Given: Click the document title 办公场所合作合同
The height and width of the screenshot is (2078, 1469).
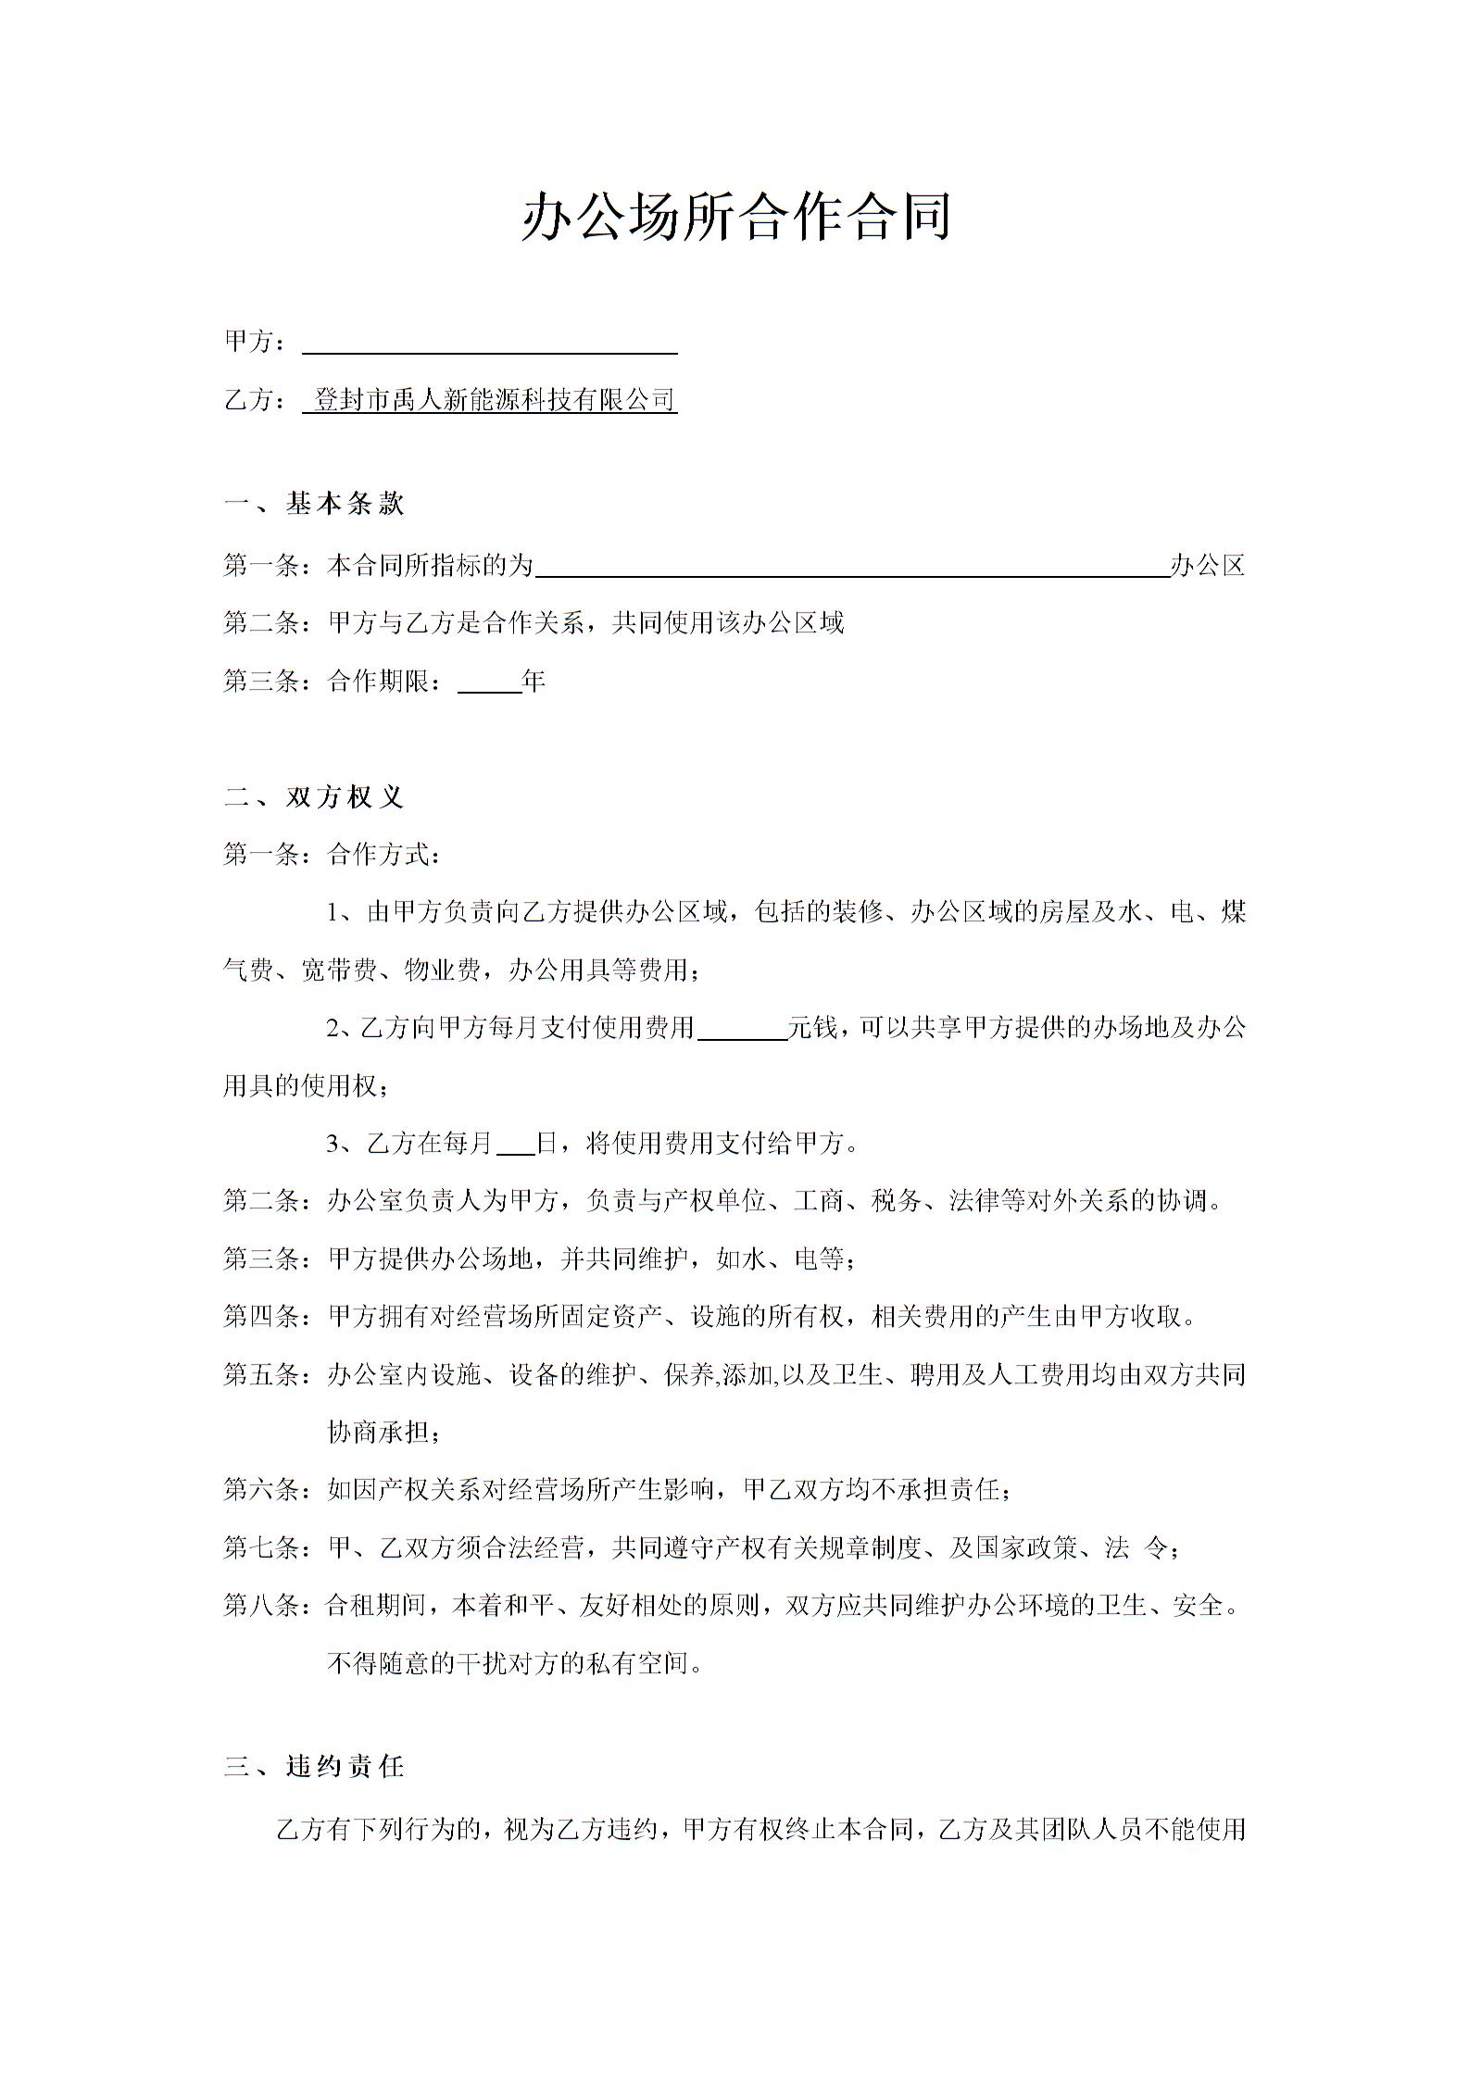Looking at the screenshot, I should point(736,218).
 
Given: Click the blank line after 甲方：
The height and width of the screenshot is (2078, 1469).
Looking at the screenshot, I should point(490,344).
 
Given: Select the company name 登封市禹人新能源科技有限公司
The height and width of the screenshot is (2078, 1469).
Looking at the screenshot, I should point(494,400).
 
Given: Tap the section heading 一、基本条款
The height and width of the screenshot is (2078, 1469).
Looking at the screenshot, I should point(315,504).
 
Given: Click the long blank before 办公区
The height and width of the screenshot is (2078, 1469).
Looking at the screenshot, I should point(852,567).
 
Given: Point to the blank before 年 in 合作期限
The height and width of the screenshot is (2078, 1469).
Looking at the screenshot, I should point(490,683).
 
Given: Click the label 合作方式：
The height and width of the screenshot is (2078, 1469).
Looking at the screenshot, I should point(384,855).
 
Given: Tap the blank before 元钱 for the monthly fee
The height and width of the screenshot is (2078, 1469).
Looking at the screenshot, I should point(741,1029).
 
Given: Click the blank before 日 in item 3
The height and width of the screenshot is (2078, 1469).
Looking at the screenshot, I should point(516,1145).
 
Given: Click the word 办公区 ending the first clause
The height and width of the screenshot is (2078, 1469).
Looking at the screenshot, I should point(1208,565).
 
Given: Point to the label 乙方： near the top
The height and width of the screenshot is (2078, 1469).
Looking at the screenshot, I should point(255,400).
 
